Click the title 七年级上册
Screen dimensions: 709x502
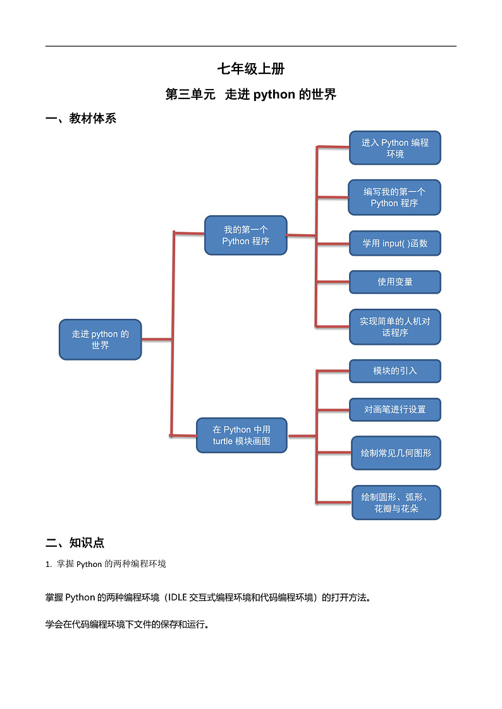(x=250, y=69)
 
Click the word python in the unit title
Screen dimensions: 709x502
(x=274, y=95)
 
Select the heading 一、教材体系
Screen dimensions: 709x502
(x=81, y=118)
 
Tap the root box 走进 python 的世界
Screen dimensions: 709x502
(x=100, y=340)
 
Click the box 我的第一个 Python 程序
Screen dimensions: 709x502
(x=245, y=235)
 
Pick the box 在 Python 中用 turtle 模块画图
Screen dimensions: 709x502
(x=242, y=435)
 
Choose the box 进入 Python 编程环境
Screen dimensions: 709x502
(x=395, y=148)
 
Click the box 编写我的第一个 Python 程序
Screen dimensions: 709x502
(x=394, y=197)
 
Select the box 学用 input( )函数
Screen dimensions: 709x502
(x=395, y=243)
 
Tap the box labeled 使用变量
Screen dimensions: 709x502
(x=395, y=282)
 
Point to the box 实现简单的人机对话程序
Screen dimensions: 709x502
(x=395, y=326)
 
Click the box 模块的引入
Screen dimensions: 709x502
(x=395, y=371)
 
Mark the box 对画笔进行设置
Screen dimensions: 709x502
(x=395, y=410)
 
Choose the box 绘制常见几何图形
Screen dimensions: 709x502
(x=396, y=453)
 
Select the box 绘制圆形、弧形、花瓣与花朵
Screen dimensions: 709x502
(x=396, y=503)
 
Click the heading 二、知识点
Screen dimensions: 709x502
(x=75, y=542)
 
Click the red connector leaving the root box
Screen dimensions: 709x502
(x=156, y=340)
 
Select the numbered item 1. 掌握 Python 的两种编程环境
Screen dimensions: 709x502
(x=106, y=564)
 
